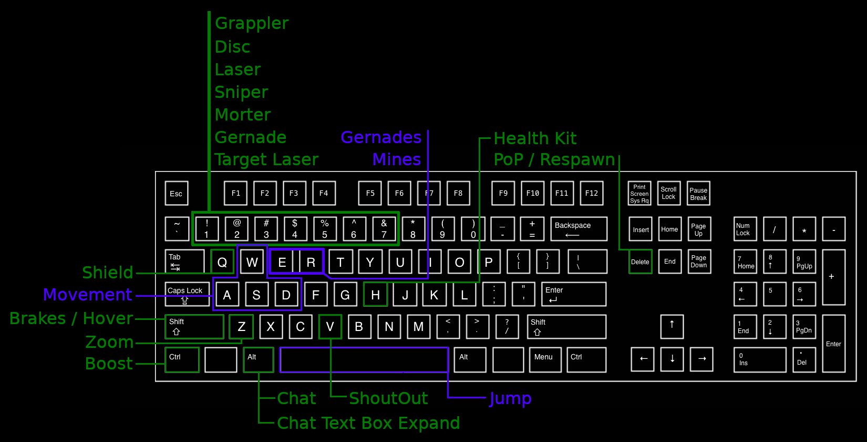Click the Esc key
[177, 194]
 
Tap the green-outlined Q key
[222, 262]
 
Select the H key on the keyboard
[375, 295]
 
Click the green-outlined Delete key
[640, 262]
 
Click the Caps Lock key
[187, 294]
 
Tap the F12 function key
[592, 193]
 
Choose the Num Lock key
[745, 229]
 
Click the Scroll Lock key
[669, 193]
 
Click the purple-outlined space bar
[364, 360]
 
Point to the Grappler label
[252, 24]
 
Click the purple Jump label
[510, 399]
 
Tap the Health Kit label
[535, 138]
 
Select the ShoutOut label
[388, 399]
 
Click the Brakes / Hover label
[71, 318]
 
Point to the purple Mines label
[397, 159]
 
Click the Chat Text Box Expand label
[368, 423]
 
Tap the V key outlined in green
[330, 327]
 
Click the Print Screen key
[639, 193]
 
